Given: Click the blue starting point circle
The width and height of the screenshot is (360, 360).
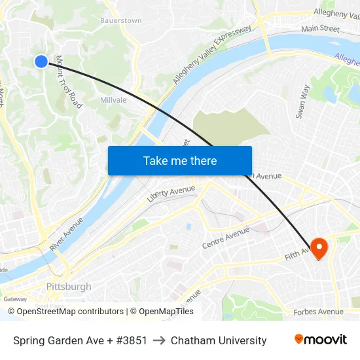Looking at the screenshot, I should [x=41, y=61].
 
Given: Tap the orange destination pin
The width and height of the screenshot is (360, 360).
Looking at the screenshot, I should [x=319, y=247].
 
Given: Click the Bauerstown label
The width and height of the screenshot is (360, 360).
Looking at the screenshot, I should [x=120, y=21].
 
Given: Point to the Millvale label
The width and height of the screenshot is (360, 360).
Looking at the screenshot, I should [x=113, y=100].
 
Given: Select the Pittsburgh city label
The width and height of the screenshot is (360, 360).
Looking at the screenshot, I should [x=69, y=287].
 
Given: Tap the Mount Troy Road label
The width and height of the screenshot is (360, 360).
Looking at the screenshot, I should [x=68, y=82].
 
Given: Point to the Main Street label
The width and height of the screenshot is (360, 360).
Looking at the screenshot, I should [x=320, y=29].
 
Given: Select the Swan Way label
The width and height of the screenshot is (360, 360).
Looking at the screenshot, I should [x=302, y=101].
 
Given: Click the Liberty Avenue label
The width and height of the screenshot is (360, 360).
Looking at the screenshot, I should [x=171, y=193].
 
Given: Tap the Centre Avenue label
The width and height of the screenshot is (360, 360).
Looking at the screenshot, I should [x=226, y=238].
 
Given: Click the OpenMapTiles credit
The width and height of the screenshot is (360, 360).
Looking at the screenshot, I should [x=166, y=312].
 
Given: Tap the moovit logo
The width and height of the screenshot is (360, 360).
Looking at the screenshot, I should [x=320, y=340].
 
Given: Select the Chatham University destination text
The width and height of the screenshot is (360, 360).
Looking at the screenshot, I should [x=219, y=340].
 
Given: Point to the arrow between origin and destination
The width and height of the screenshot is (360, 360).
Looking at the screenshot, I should [x=159, y=340].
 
